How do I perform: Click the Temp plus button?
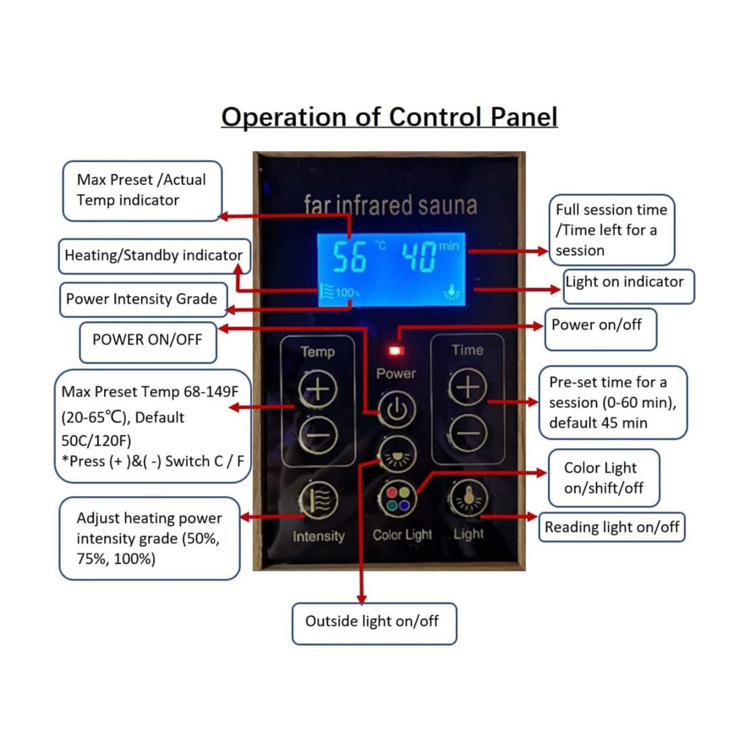point(318,389)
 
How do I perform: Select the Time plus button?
point(467,387)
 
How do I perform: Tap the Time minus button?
point(467,433)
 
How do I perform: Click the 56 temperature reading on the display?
point(349,256)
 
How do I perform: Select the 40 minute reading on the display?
point(419,256)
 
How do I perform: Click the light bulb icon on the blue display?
point(451,292)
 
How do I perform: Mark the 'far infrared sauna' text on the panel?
point(390,205)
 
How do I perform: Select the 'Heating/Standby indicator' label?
point(154,256)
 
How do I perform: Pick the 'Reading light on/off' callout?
point(612,527)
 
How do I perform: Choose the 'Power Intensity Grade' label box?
point(143,299)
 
